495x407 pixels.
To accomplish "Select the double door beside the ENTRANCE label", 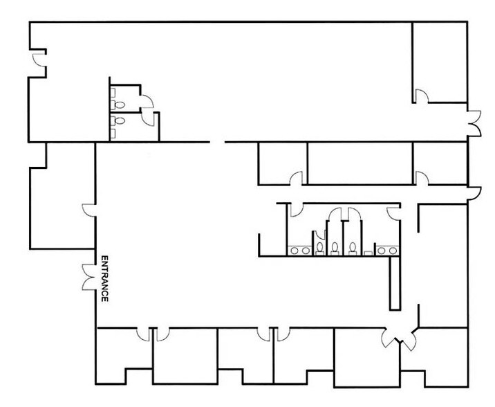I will click(x=87, y=277).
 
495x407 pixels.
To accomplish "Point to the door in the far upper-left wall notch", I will click(x=39, y=59).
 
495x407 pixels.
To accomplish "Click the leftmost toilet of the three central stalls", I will click(x=319, y=246).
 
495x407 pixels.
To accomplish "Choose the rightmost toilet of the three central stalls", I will click(x=353, y=247).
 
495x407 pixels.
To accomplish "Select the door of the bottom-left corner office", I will click(x=144, y=336).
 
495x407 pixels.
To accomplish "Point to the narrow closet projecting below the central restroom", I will click(x=394, y=283).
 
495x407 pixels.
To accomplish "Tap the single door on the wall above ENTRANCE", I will click(x=88, y=210).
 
